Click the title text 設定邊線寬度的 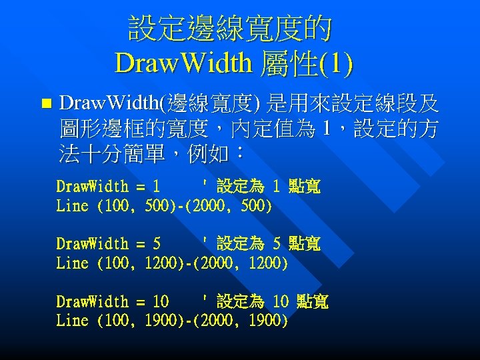point(230,29)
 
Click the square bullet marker point(45,104)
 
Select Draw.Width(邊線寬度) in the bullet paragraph point(159,104)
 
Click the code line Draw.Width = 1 point(108,187)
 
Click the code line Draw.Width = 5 point(108,244)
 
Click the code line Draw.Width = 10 point(112,301)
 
